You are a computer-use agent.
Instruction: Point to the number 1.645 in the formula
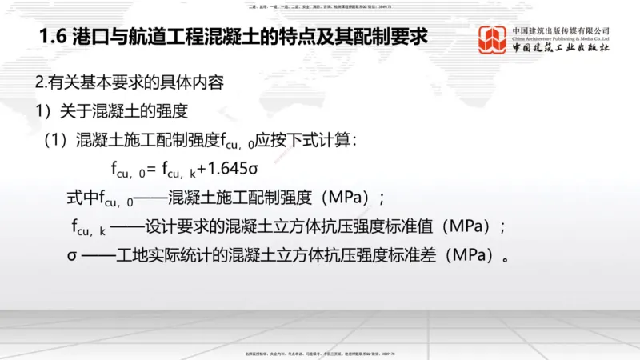coord(231,169)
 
